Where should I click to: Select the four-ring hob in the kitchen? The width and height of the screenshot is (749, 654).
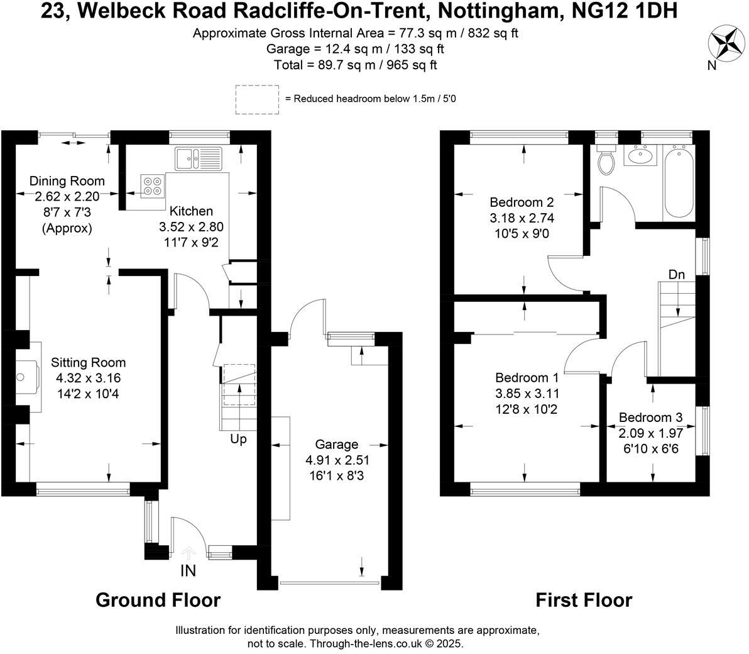[151, 185]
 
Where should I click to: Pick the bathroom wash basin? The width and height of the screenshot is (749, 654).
[640, 155]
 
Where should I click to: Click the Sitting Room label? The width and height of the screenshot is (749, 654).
[89, 363]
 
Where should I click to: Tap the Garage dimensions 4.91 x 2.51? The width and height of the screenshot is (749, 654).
[337, 460]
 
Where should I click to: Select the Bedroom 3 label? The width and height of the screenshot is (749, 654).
[650, 418]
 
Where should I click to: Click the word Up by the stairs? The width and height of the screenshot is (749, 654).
[238, 439]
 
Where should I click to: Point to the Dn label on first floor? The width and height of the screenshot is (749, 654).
[677, 275]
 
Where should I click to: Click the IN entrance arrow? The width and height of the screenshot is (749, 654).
[188, 553]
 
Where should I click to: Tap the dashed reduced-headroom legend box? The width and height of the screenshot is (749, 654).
[258, 99]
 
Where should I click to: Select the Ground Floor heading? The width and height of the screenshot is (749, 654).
[158, 600]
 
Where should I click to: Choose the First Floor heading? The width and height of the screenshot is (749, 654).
[583, 600]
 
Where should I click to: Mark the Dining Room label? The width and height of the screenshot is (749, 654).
[67, 181]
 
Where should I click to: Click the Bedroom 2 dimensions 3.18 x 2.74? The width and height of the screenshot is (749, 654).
[522, 218]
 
